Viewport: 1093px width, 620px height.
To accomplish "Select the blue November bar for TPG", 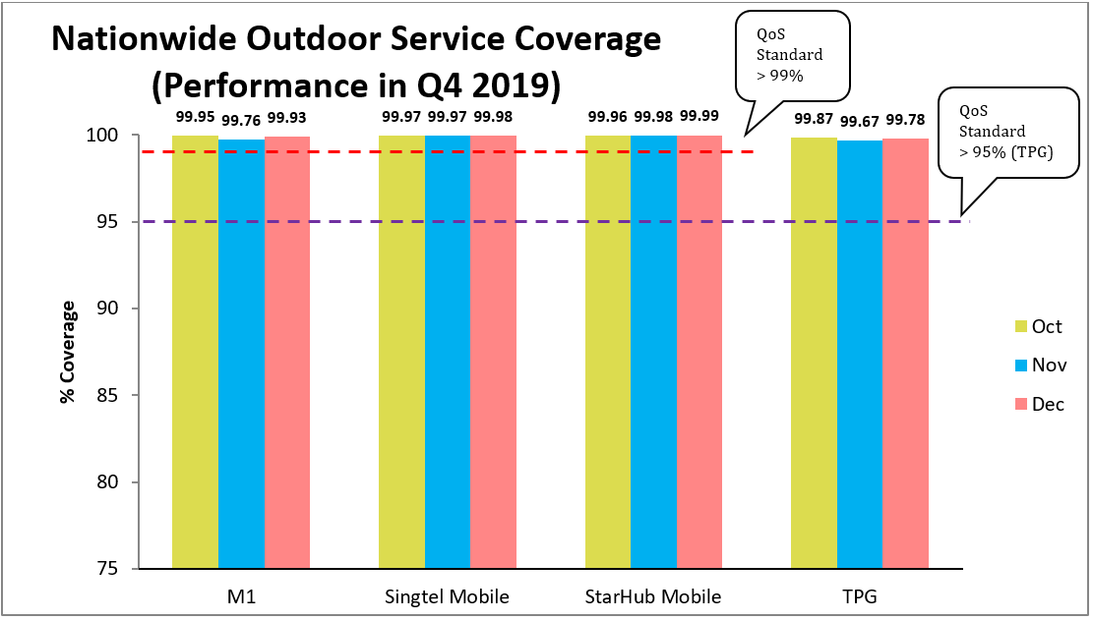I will (860, 354).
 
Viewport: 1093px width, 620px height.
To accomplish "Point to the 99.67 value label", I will (860, 121).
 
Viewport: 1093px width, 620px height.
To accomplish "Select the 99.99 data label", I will (699, 116).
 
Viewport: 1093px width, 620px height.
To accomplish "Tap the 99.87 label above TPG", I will (814, 117).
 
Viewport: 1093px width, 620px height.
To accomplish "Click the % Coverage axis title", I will (67, 352).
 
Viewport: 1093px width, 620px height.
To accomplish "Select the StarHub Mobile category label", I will (653, 596).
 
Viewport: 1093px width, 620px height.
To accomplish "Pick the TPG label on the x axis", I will (860, 596).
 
